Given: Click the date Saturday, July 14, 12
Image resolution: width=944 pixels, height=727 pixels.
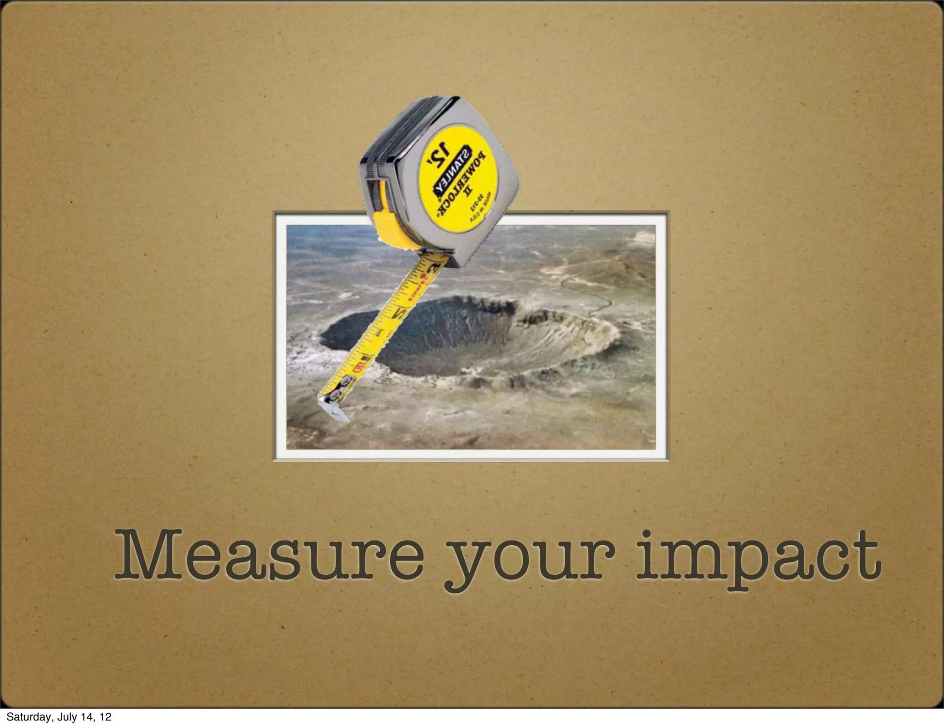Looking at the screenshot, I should [59, 717].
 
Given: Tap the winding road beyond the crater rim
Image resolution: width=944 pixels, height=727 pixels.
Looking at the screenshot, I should [595, 295].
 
